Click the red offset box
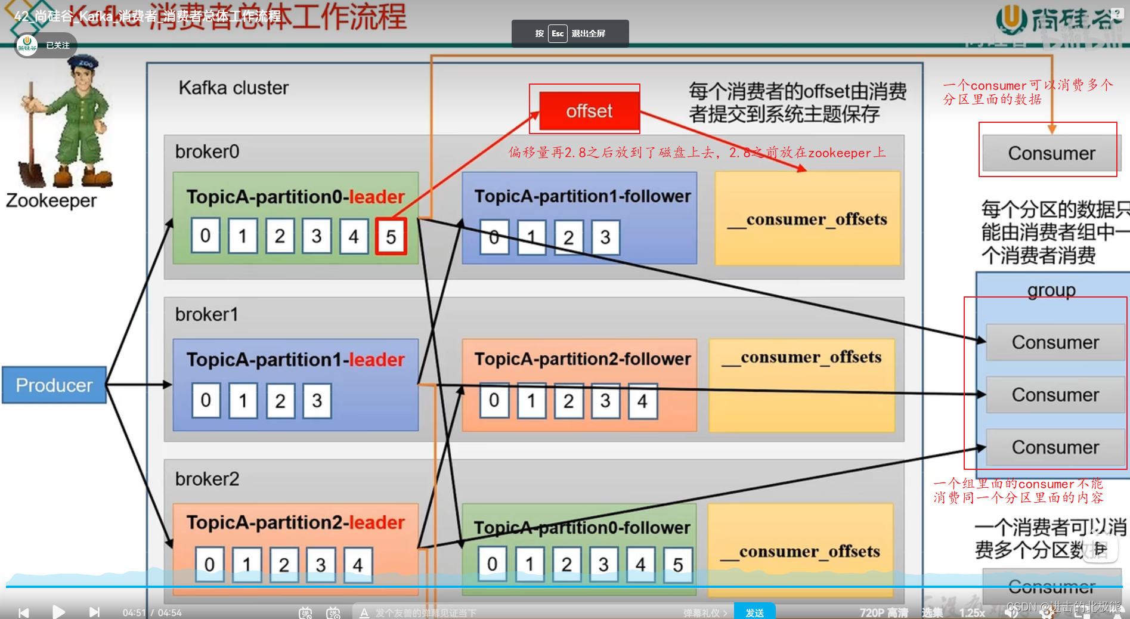(x=589, y=111)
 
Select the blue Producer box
(x=54, y=385)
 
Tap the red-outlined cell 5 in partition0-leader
(x=391, y=237)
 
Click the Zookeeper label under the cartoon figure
(x=51, y=201)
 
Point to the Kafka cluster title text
(x=233, y=88)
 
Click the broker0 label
(x=207, y=152)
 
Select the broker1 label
(x=206, y=314)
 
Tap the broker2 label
(x=207, y=479)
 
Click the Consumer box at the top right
(x=1051, y=153)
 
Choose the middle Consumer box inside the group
(x=1055, y=395)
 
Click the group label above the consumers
(x=1051, y=290)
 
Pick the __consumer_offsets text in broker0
(x=807, y=219)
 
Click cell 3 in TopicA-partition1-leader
(x=317, y=400)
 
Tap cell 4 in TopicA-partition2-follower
(x=642, y=401)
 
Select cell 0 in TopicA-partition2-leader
(x=209, y=564)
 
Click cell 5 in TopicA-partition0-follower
(x=677, y=564)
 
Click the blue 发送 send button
(x=754, y=612)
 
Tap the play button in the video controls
(x=58, y=612)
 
